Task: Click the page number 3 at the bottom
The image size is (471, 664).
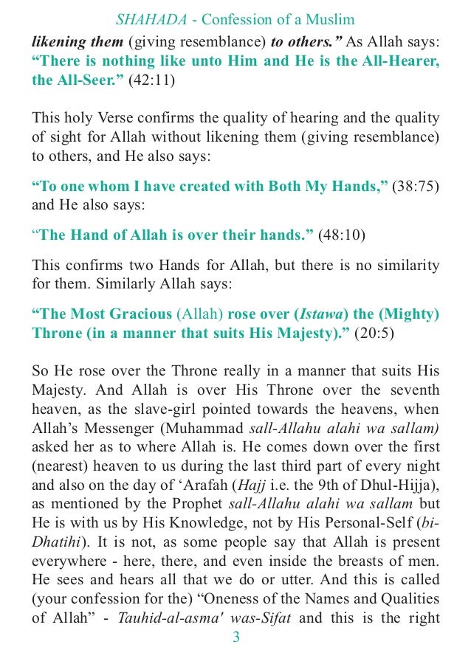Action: pyautogui.click(x=235, y=637)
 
